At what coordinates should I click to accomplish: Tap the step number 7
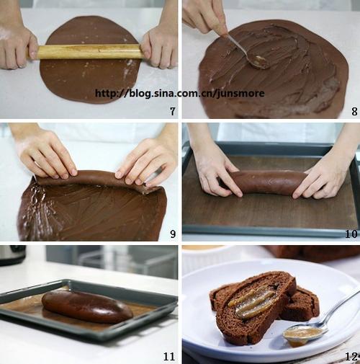pyautogui.click(x=173, y=111)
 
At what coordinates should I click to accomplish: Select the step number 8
pyautogui.click(x=354, y=111)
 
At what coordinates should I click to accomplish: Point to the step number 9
pyautogui.click(x=173, y=234)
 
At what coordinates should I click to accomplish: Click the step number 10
pyautogui.click(x=351, y=234)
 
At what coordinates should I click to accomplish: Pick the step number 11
pyautogui.click(x=169, y=356)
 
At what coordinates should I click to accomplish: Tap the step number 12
pyautogui.click(x=351, y=356)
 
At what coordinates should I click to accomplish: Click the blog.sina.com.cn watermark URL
pyautogui.click(x=179, y=93)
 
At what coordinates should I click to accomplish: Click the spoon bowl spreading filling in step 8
pyautogui.click(x=258, y=62)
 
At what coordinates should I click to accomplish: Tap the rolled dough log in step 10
pyautogui.click(x=266, y=182)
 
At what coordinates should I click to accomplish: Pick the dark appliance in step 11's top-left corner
pyautogui.click(x=12, y=254)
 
